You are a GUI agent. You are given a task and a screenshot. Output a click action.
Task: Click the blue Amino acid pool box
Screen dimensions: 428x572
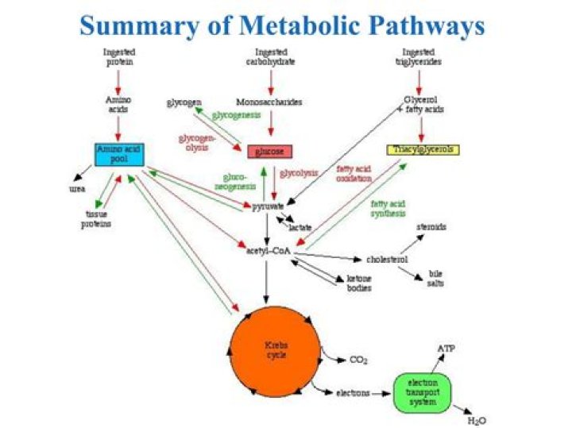coord(118,154)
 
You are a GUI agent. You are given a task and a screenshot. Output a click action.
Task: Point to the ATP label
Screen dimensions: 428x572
coord(446,348)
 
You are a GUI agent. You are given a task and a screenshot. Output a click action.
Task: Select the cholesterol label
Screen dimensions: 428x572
coord(387,259)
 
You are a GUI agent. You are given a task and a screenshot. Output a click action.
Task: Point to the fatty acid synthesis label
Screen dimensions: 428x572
coord(388,208)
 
